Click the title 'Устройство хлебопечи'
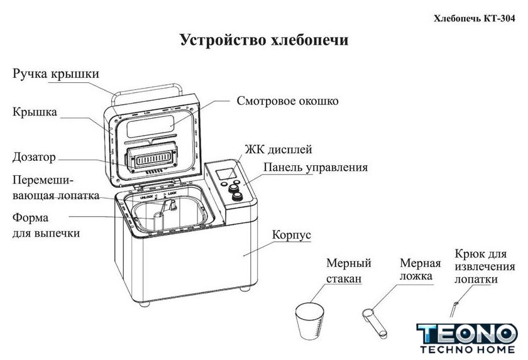click(264, 40)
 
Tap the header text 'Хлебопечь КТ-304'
click(474, 18)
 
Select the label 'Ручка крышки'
click(56, 74)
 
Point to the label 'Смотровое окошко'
click(288, 101)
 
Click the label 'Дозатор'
click(34, 157)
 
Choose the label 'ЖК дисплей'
click(278, 150)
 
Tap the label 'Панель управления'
click(316, 167)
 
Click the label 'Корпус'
click(291, 235)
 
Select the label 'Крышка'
click(35, 112)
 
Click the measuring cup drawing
click(309, 321)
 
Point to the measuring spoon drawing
click(375, 324)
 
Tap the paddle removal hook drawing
click(454, 309)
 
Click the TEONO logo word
click(467, 334)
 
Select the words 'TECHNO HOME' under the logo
click(468, 349)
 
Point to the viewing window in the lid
click(150, 127)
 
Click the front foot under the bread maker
click(145, 304)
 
